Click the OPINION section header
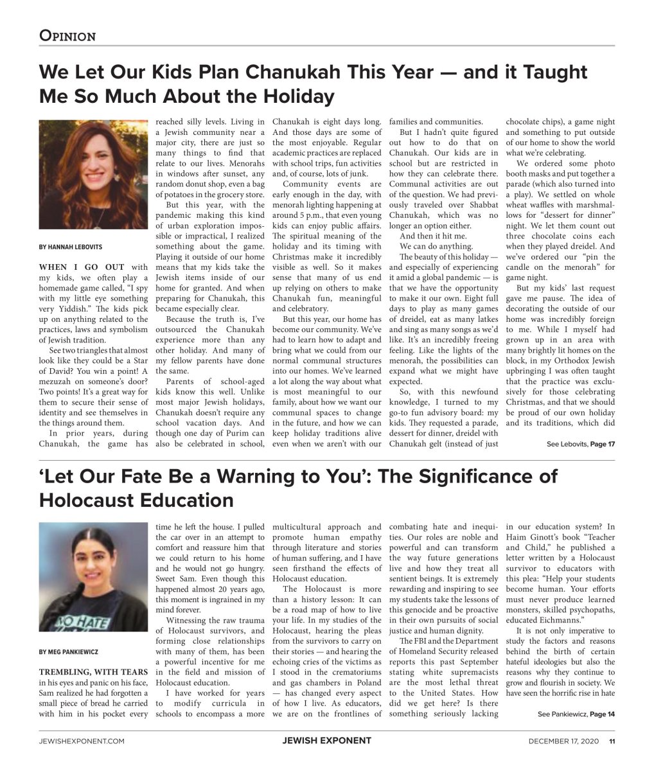[x=67, y=36]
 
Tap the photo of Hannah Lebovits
[x=91, y=175]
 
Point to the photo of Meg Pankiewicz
[x=91, y=576]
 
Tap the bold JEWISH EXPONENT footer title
[x=326, y=741]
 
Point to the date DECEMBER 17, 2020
[x=563, y=741]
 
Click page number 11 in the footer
[x=612, y=741]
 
